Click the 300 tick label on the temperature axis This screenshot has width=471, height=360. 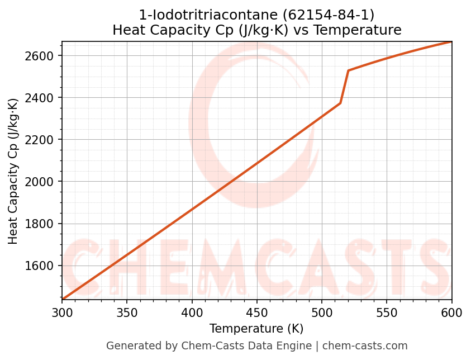(62, 312)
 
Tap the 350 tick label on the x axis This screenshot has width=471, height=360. (127, 312)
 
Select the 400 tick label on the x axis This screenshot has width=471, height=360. (192, 312)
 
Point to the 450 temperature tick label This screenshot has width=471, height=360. (257, 312)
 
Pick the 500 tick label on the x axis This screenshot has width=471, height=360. (322, 312)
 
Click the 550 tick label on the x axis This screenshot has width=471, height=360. (387, 312)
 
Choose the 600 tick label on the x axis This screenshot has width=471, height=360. (451, 312)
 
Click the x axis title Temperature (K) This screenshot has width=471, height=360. (256, 329)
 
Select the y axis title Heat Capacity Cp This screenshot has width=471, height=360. (13, 170)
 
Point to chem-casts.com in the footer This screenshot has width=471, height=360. (365, 346)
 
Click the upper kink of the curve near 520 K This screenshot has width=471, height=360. (348, 70)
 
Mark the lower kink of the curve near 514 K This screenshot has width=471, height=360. (340, 103)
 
